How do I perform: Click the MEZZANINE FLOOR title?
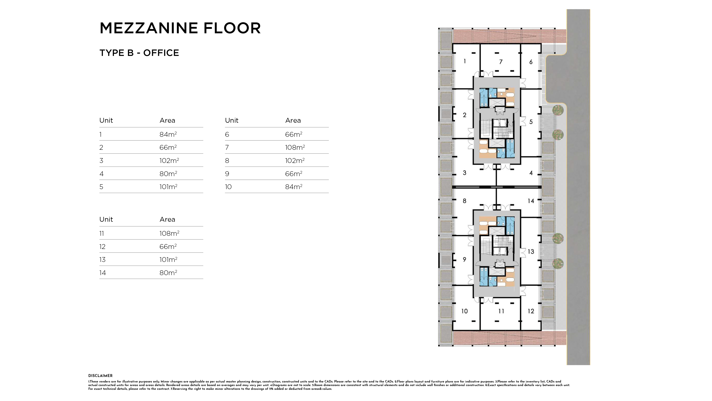[x=180, y=28]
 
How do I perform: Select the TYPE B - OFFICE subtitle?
[x=139, y=53]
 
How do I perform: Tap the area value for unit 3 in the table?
[x=169, y=160]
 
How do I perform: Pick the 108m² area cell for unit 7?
[x=295, y=147]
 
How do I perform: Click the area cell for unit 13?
[x=168, y=260]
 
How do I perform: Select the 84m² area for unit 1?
[x=168, y=134]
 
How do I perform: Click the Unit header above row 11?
[x=106, y=219]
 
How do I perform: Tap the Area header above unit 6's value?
[x=293, y=120]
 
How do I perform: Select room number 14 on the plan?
[x=531, y=201]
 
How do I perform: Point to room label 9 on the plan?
[x=464, y=259]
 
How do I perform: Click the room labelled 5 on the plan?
[x=531, y=122]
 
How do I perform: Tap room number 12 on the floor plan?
[x=531, y=311]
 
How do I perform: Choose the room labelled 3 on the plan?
[x=464, y=173]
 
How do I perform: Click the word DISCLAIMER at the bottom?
[x=100, y=376]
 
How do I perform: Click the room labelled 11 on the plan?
[x=501, y=311]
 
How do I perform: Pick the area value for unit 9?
[x=294, y=174]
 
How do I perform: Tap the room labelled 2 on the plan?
[x=464, y=115]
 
